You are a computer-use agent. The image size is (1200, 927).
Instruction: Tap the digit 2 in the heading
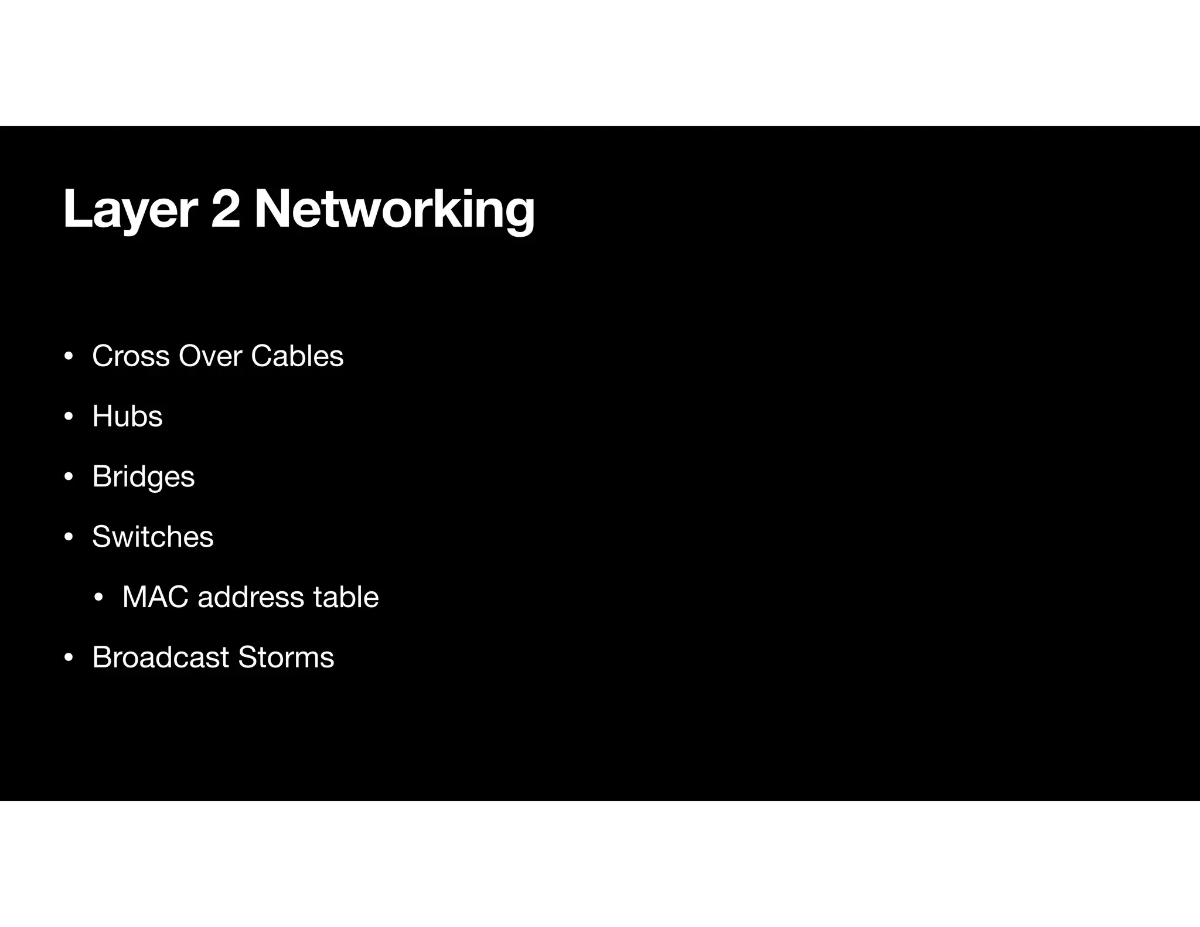pyautogui.click(x=226, y=209)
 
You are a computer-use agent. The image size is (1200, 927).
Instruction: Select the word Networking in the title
pyautogui.click(x=394, y=210)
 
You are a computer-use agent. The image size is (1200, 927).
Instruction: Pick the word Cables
pyautogui.click(x=297, y=356)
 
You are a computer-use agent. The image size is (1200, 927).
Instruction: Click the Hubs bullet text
pyautogui.click(x=127, y=417)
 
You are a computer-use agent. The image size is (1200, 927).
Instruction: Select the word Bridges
pyautogui.click(x=143, y=477)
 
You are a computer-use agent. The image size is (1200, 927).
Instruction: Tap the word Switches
pyautogui.click(x=153, y=537)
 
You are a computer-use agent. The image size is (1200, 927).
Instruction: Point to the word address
pyautogui.click(x=251, y=597)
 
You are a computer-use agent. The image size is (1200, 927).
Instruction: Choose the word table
pyautogui.click(x=346, y=597)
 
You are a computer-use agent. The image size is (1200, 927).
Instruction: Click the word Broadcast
pyautogui.click(x=160, y=657)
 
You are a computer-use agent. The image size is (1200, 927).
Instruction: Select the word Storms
pyautogui.click(x=286, y=657)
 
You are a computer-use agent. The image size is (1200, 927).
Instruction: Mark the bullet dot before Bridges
pyautogui.click(x=69, y=477)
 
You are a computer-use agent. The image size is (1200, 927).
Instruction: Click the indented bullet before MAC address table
pyautogui.click(x=99, y=598)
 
